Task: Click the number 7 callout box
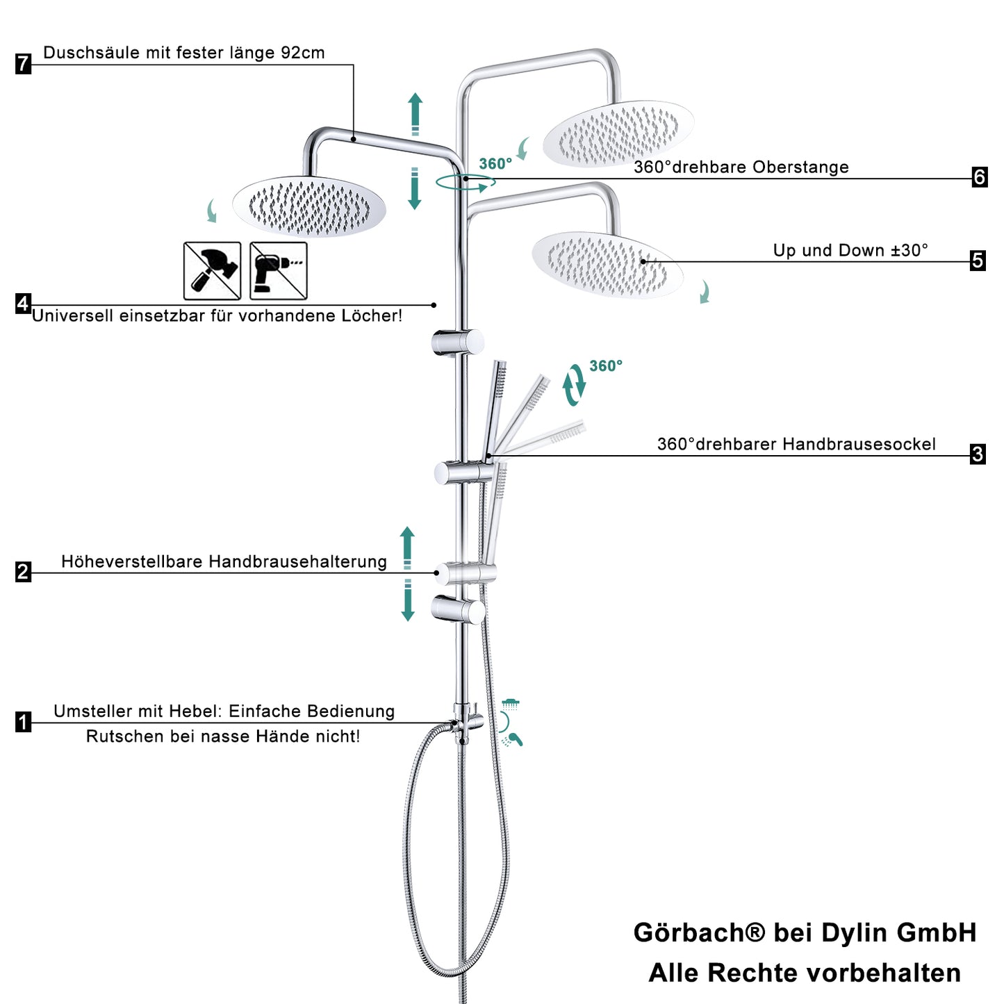[24, 63]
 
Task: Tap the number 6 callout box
[980, 177]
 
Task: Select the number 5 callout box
[978, 261]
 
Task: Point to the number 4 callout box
[23, 304]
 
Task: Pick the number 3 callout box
[978, 454]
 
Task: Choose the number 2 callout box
[23, 572]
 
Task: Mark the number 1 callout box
[24, 722]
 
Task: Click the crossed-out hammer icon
[212, 271]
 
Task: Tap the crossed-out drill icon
[278, 271]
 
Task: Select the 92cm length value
[303, 53]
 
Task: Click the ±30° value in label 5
[910, 251]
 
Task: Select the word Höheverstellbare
[132, 561]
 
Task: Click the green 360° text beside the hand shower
[606, 365]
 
